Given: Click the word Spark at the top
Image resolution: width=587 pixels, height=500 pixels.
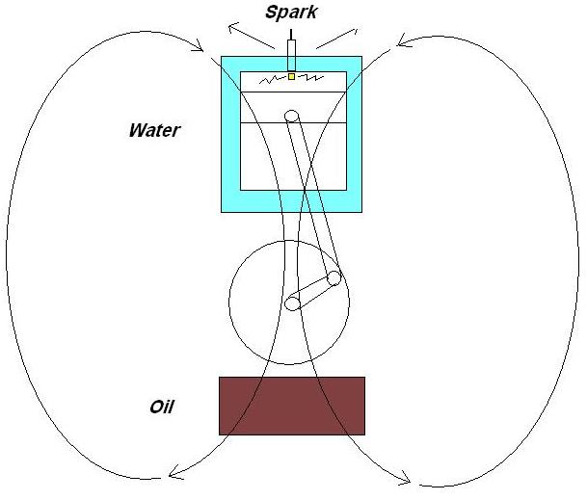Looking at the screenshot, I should click(291, 13).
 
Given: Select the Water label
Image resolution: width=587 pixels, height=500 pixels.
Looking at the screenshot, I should click(154, 129).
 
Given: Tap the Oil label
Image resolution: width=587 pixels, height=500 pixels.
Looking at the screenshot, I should click(161, 406).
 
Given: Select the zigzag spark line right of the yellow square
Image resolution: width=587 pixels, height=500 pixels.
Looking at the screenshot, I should click(310, 77).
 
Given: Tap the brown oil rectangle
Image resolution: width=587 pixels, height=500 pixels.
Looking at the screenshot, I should click(292, 406).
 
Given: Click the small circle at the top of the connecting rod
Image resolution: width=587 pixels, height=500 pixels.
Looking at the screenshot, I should click(293, 117).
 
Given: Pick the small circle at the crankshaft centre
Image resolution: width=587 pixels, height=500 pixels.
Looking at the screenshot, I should click(292, 304).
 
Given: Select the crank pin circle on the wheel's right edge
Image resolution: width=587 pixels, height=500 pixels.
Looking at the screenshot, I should click(334, 278).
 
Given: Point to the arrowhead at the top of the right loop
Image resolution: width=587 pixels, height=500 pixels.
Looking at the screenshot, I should click(401, 42).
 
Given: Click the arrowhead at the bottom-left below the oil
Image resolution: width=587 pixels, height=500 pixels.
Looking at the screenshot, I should click(174, 472).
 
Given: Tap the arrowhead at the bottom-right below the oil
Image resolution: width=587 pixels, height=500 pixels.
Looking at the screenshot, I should click(406, 479).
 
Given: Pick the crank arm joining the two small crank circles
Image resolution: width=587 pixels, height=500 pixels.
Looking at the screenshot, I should click(312, 292).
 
